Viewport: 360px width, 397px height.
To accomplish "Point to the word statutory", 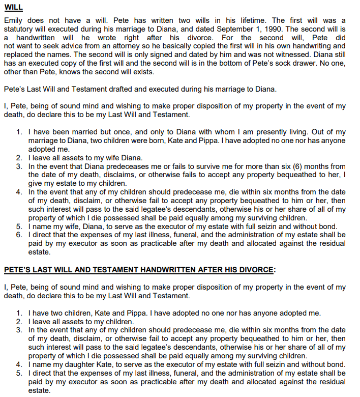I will pos(21,29).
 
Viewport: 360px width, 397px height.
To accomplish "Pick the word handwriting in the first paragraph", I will pos(276,46).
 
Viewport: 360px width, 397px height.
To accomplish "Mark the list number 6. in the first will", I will pos(19,235).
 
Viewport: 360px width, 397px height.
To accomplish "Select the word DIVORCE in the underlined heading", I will pos(257,270).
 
